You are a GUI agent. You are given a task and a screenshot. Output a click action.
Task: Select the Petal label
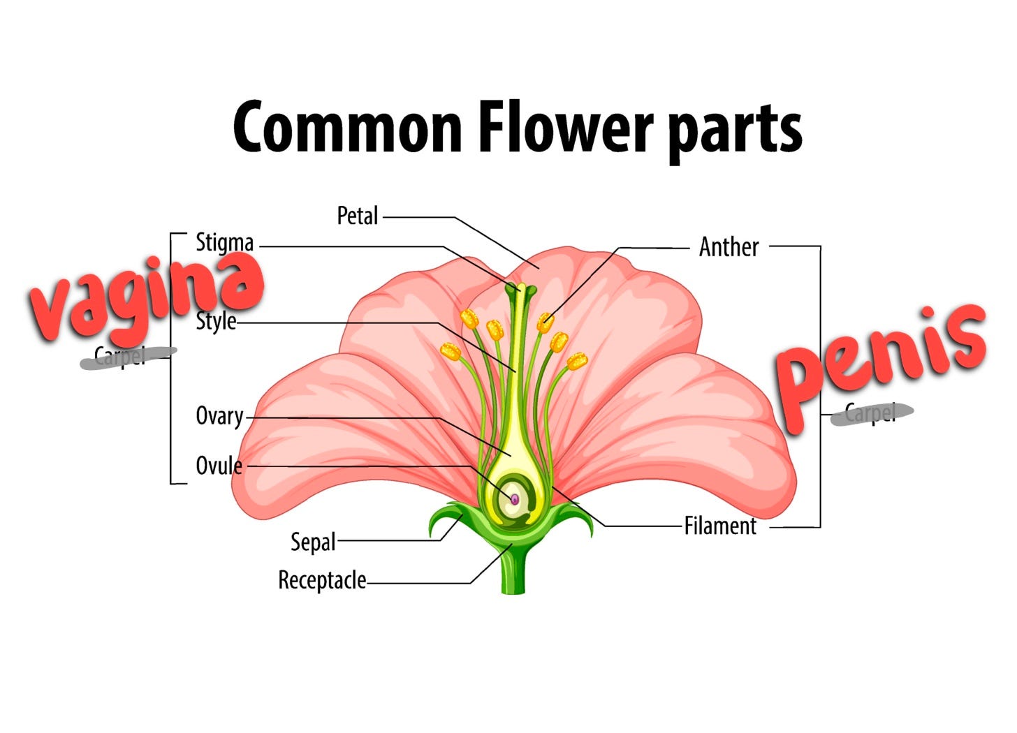[x=358, y=216]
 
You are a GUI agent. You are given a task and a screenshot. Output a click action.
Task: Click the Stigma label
[x=224, y=243]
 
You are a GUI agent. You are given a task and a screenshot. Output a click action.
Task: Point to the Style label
[x=216, y=322]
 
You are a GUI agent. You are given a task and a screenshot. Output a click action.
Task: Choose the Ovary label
[x=219, y=416]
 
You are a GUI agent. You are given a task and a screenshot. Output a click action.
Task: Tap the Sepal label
[x=313, y=542]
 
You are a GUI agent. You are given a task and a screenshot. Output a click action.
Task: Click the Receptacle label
[x=322, y=580]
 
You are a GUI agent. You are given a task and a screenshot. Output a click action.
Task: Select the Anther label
[x=729, y=247]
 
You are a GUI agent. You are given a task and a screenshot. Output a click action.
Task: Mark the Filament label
[x=720, y=526]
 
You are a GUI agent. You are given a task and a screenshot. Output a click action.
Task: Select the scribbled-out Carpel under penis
[x=871, y=413]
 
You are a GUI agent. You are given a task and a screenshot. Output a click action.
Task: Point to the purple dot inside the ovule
[x=515, y=499]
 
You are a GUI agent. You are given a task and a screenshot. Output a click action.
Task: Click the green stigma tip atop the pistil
[x=520, y=288]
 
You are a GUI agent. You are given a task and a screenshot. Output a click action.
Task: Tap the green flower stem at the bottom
[x=513, y=572]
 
